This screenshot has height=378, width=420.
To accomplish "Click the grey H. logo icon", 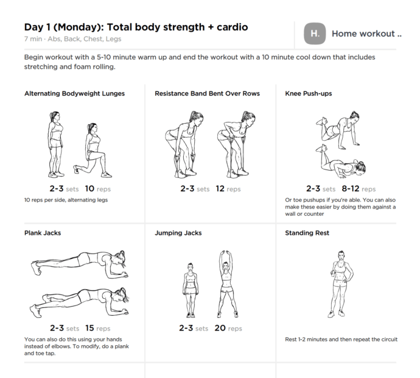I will point(315,34).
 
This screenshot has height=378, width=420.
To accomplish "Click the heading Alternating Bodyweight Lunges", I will point(74,94).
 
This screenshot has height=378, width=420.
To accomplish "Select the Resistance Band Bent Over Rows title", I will point(207,94).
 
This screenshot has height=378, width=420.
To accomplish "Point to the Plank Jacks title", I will point(43,233).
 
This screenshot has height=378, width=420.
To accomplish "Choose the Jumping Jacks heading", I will point(178,233).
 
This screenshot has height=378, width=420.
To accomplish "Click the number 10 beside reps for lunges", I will point(89,189).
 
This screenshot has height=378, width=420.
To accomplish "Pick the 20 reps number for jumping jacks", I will point(220,328).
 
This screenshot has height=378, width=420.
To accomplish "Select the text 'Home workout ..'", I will point(366,34).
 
